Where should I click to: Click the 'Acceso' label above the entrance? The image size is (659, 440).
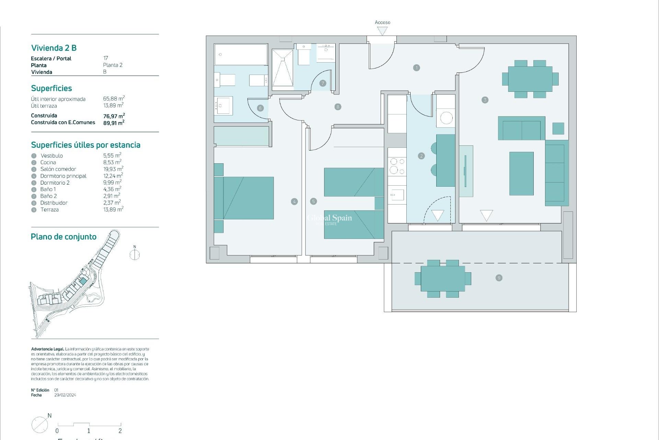tap(382, 22)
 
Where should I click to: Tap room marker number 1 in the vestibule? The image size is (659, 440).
tap(416, 68)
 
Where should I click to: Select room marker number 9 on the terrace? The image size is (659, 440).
tap(499, 278)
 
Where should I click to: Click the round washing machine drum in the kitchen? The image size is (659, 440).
tap(446, 118)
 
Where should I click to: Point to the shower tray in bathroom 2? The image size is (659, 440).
tap(283, 68)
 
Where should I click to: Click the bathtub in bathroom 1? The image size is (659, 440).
tap(241, 54)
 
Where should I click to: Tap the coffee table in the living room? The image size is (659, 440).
tap(521, 174)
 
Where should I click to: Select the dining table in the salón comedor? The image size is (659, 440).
tap(530, 79)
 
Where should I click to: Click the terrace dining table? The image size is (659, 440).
tap(443, 278)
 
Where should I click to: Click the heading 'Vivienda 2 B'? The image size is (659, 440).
tap(54, 48)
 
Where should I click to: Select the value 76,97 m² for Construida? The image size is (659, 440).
tap(114, 116)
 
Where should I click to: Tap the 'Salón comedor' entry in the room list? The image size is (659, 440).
tap(58, 169)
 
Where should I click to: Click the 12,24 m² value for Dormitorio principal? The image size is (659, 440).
tap(113, 176)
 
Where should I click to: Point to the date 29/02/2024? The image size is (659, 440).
tap(65, 395)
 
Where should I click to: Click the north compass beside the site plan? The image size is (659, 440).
tap(135, 255)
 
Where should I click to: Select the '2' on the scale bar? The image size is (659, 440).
tap(120, 431)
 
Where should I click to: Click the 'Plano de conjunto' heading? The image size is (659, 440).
tap(63, 236)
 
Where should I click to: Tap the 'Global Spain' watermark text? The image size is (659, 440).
tap(329, 218)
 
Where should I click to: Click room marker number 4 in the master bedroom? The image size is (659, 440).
tap(294, 201)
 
